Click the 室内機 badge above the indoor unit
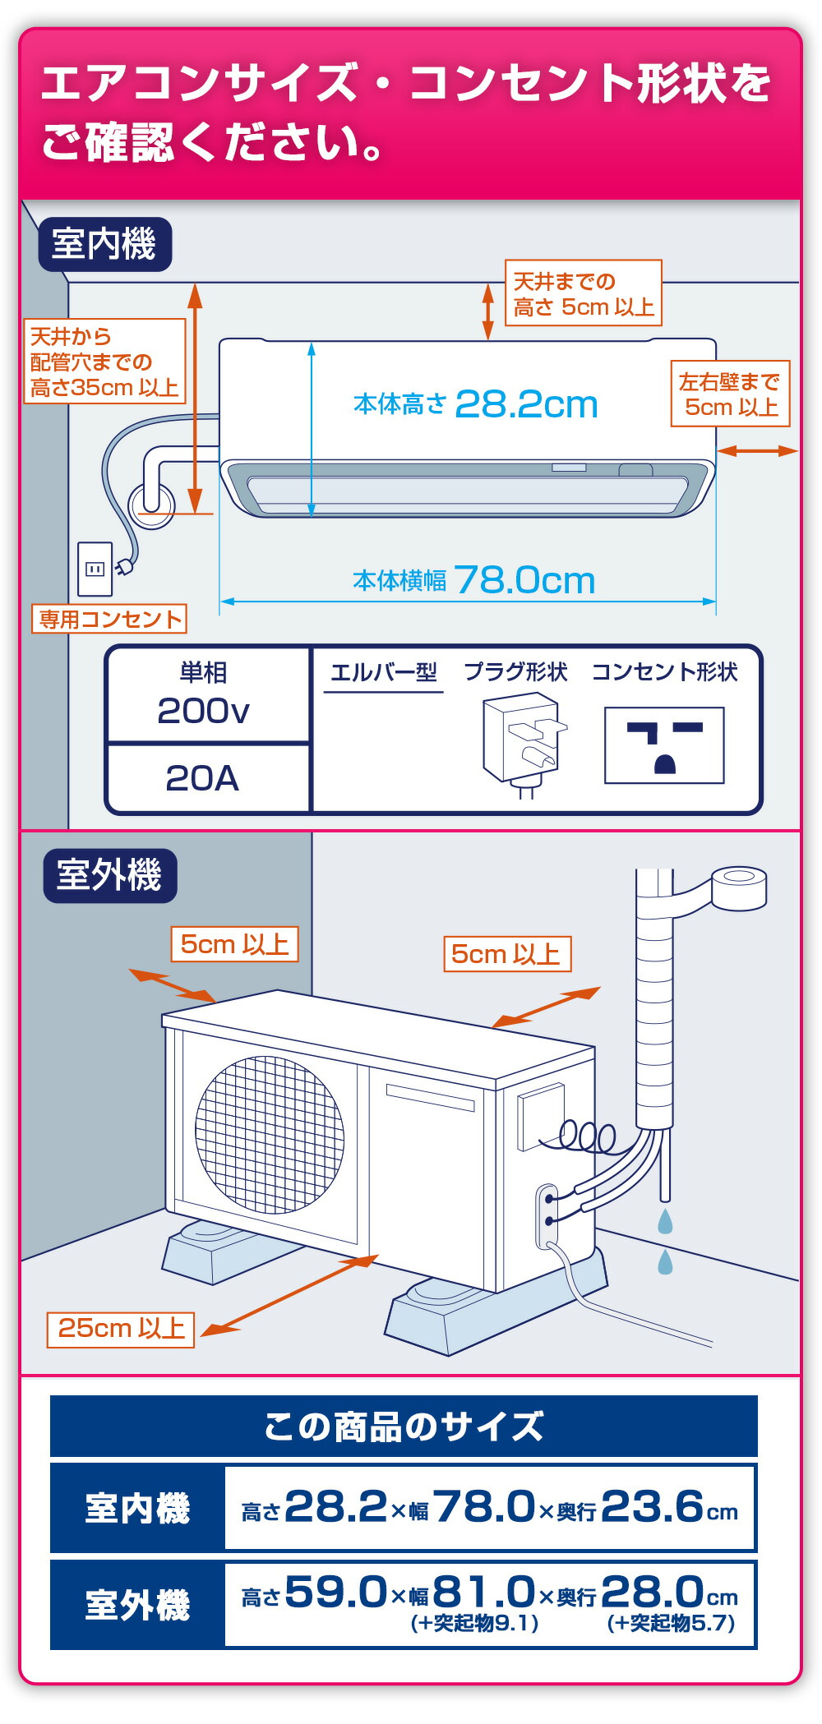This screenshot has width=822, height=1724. pos(104,244)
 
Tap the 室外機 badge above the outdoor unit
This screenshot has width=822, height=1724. pos(109,875)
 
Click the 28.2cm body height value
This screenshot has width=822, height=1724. pos(526,404)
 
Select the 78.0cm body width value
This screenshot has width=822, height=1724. pos(524,581)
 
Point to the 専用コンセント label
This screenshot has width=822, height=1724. pos(109,619)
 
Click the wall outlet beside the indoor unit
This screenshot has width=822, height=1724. pos(95,569)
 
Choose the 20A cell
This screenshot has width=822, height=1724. pos(202,778)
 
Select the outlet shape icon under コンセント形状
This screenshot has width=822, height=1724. pos(664,745)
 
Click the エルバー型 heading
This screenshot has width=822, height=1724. pos(383,672)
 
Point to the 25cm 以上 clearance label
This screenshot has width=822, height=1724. pos(121,1328)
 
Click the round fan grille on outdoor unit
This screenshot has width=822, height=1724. pos(270,1135)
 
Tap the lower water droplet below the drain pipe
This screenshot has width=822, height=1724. pos(665,1261)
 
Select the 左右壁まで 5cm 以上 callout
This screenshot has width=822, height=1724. pos(730,394)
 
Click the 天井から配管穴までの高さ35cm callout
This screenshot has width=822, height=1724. pos(104,362)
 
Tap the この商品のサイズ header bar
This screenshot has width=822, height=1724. pos(404,1427)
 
